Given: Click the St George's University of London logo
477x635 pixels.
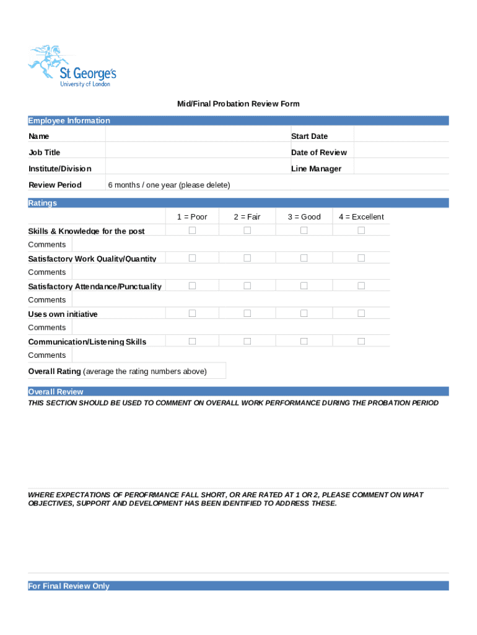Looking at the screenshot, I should (72, 66).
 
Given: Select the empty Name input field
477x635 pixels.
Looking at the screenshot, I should (197, 136).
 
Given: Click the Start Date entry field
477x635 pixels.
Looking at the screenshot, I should (401, 136).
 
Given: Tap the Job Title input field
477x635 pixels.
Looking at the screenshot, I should (197, 152).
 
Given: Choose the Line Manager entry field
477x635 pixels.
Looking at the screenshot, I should (401, 168).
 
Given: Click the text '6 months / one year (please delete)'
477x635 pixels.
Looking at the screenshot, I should (169, 185).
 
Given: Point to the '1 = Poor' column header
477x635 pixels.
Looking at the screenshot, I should (192, 217).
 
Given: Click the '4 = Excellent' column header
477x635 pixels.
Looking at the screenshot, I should (361, 217).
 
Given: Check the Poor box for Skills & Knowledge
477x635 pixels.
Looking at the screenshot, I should (192, 231).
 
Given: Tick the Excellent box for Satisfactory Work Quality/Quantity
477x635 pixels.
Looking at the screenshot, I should (361, 258).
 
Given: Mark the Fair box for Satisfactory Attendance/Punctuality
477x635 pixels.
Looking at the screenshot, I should (247, 286).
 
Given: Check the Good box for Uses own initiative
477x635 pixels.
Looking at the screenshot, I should (304, 314).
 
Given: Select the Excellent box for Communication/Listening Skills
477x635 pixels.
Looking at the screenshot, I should (361, 341).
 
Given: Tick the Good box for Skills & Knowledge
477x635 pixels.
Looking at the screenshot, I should (304, 231).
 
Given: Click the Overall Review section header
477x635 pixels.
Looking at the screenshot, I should (56, 392).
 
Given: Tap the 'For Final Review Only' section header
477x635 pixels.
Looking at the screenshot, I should (69, 586).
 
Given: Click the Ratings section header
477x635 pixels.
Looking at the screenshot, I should (43, 203).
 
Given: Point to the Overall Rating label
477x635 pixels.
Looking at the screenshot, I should (55, 371).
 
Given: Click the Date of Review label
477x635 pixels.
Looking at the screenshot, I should (319, 153).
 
